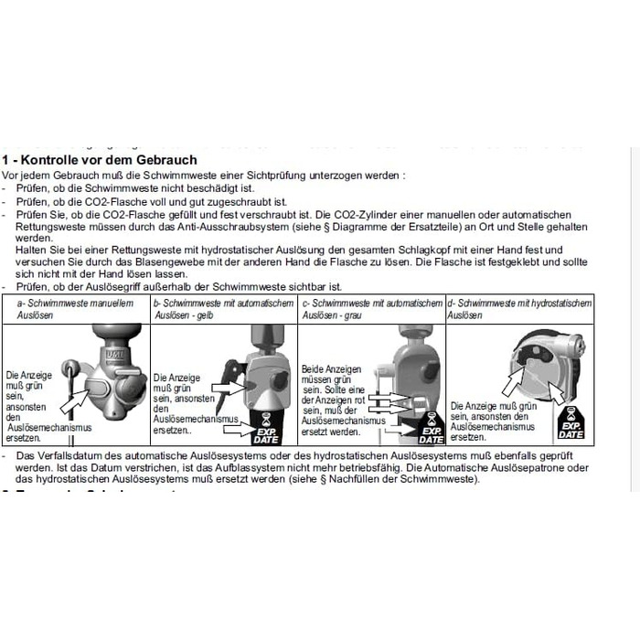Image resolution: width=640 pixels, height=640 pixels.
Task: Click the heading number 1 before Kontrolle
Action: (5, 159)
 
